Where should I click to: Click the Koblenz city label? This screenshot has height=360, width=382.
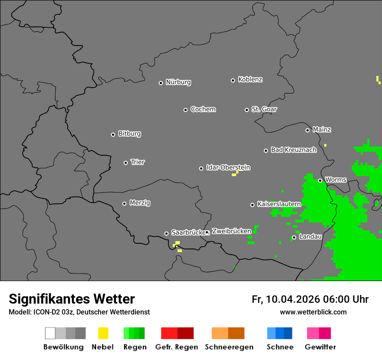pos(250,80)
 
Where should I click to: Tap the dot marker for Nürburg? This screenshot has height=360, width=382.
pos(161,83)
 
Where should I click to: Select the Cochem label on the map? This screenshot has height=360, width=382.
pos(203,109)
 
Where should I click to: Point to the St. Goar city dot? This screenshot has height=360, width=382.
pos(247,110)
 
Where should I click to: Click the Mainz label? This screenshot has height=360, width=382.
pos(322,130)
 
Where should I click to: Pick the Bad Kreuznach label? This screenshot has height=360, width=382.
pos(293,150)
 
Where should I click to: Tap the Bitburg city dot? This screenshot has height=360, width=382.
pos(113,134)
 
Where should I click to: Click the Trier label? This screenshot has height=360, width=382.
pos(138,162)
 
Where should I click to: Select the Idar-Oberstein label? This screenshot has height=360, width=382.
pos(228,168)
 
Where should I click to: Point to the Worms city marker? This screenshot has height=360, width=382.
pos(320,180)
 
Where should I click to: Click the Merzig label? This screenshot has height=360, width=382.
pos(140,203)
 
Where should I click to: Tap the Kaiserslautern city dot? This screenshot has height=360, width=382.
pos(252,205)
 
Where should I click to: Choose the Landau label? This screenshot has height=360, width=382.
pos(310,237)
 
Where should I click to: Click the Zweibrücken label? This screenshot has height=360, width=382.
pos(231,231)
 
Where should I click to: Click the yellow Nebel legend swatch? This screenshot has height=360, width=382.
pos(103,333)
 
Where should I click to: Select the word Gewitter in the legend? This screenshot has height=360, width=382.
pos(320,347)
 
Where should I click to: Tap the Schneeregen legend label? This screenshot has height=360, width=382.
pos(229,347)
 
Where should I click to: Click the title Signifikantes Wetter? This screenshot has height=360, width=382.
pos(72,299)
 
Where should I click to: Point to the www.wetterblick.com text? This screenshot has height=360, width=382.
pos(313,312)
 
